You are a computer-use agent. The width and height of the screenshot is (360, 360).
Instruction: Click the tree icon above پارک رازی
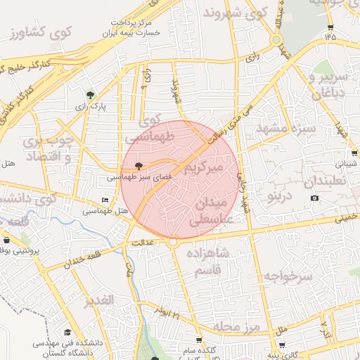(90, 95)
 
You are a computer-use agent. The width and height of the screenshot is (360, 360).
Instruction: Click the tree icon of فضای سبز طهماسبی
(139, 167)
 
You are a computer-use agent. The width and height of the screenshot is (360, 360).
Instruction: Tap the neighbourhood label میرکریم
(203, 169)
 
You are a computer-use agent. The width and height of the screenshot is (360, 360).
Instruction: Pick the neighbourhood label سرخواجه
(288, 276)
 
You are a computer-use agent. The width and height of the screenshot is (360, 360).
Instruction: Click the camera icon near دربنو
(314, 198)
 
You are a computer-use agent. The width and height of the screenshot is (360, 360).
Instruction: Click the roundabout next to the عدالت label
(172, 242)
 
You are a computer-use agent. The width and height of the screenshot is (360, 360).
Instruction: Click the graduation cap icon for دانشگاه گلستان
(67, 333)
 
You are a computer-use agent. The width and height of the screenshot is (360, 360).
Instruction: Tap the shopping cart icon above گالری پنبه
(282, 345)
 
